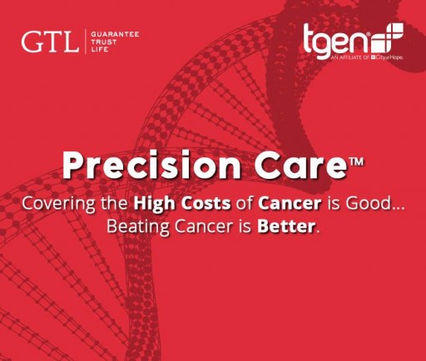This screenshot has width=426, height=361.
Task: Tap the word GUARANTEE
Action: coord(115,34)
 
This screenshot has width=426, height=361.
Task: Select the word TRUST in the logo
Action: coord(107,41)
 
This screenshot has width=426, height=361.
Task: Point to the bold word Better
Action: coord(289,225)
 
